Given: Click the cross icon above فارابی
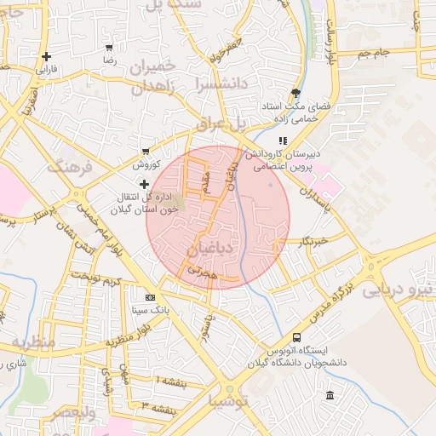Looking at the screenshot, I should pos(46,57).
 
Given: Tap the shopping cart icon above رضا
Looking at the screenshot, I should pos(108,48).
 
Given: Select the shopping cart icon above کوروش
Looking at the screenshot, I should pos(146,151).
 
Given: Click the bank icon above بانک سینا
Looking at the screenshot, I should pos(150,297).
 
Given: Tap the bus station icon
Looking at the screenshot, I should pos(296,337).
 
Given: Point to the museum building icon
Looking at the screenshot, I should pos(330,394).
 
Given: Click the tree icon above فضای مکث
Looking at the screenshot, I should pos(295,93).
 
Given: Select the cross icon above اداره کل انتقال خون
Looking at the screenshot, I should pos(144,184).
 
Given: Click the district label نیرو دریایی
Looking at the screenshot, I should pos(399,290).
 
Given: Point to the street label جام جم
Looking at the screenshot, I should pos(372,53).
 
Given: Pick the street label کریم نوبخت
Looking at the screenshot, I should pos(95,278).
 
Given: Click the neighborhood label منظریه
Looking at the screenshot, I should pos(32,342).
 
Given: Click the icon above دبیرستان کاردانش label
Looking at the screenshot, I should pos(283,141).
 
